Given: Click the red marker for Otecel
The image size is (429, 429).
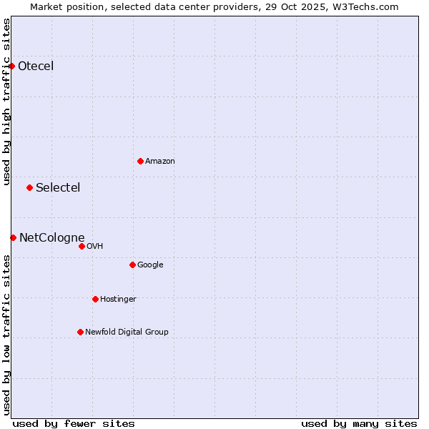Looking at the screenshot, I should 12,66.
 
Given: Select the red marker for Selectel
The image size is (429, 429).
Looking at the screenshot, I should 29,188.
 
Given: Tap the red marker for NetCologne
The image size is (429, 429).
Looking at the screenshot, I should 13,237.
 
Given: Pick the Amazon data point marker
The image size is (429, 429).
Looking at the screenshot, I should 140,161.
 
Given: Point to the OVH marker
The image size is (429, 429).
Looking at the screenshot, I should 82,246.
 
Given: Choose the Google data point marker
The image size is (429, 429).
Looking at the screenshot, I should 132,265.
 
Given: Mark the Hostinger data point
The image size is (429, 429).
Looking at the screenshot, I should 95,299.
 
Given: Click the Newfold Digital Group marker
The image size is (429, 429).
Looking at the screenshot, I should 80,332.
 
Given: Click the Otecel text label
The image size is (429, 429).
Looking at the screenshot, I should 36,66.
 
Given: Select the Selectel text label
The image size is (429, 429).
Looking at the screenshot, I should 58,188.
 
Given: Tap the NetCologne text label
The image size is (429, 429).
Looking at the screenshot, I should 52,237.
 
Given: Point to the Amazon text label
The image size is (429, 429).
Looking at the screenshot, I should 160,161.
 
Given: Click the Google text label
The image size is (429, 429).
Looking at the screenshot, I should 150,265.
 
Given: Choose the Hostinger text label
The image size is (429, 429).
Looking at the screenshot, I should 118,299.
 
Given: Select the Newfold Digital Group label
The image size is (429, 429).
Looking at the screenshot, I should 127,332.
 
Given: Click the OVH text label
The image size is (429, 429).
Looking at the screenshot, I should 94,246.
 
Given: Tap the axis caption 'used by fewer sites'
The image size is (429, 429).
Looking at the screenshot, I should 74,423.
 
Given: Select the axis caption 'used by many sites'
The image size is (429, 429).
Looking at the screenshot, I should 359,423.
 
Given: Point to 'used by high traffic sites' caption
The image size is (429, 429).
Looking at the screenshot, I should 7,102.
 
